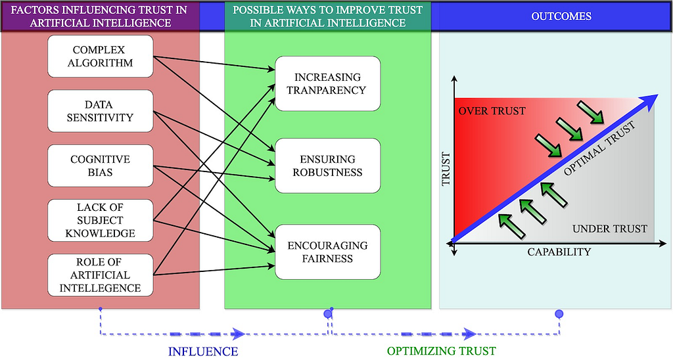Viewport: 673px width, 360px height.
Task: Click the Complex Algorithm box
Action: pyautogui.click(x=101, y=56)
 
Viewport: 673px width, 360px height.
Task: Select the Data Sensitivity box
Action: pyautogui.click(x=101, y=111)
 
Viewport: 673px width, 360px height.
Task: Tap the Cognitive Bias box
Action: pyautogui.click(x=101, y=166)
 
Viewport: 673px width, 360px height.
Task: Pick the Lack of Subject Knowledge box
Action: pyautogui.click(x=101, y=220)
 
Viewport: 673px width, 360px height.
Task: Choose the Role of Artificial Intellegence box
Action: pyautogui.click(x=101, y=275)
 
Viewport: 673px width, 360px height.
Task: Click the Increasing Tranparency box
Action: pyautogui.click(x=327, y=83)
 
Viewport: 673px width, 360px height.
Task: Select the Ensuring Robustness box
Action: pyautogui.click(x=327, y=166)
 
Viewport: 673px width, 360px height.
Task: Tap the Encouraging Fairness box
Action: pyautogui.click(x=327, y=252)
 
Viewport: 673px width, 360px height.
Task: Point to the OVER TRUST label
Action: pyautogui.click(x=492, y=111)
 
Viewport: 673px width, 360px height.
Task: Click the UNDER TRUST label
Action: pyautogui.click(x=609, y=229)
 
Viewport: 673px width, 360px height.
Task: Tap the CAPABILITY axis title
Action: pyautogui.click(x=559, y=252)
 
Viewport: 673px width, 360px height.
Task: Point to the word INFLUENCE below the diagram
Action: pyautogui.click(x=203, y=351)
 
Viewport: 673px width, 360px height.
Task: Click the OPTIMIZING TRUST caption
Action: pyautogui.click(x=441, y=351)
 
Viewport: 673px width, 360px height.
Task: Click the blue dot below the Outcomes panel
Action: pyautogui.click(x=559, y=314)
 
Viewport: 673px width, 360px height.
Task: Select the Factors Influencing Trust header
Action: pyautogui.click(x=101, y=16)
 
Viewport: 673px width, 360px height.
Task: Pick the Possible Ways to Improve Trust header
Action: pyautogui.click(x=327, y=16)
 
